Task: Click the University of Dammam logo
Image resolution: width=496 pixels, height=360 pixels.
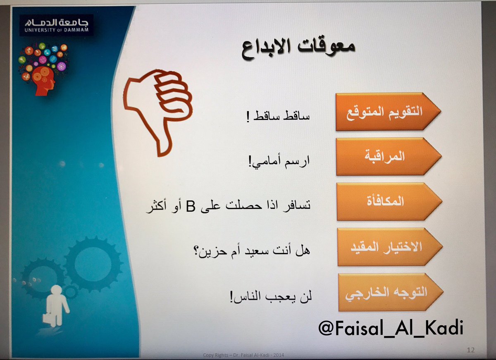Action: (x=56, y=26)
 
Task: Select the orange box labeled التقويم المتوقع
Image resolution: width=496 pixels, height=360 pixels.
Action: (x=388, y=112)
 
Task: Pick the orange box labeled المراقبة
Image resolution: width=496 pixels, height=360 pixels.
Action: (x=389, y=157)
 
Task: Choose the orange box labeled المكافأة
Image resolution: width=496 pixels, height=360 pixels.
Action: (x=389, y=201)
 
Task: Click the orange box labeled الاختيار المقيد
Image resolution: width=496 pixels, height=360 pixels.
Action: (x=390, y=247)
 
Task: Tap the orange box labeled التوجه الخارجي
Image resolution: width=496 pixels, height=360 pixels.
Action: (x=391, y=292)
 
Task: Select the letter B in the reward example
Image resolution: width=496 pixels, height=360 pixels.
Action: (x=190, y=206)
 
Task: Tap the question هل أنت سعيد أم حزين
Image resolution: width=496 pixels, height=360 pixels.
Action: (x=255, y=251)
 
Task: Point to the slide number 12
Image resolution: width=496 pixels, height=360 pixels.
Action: (x=470, y=350)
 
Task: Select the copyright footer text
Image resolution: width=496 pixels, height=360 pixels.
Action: (x=243, y=355)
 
